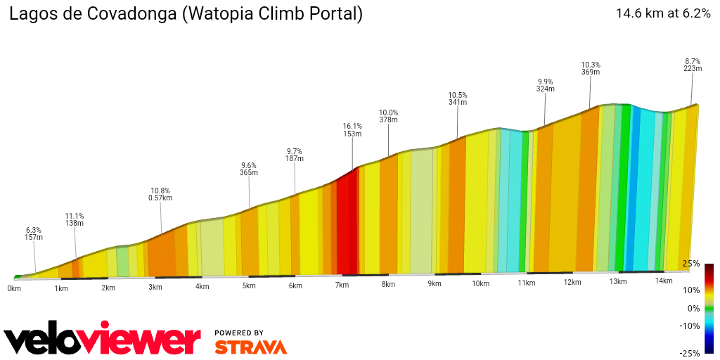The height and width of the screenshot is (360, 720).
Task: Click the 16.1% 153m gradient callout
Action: click(x=352, y=130)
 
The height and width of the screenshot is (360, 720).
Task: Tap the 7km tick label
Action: click(x=342, y=285)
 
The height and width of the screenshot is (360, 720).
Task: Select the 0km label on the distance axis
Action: click(x=14, y=288)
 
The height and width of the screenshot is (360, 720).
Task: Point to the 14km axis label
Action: click(x=664, y=281)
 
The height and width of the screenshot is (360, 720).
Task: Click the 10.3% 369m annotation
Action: click(x=591, y=68)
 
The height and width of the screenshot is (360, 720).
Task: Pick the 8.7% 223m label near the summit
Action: click(x=693, y=65)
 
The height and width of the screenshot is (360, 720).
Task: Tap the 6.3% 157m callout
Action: click(x=33, y=233)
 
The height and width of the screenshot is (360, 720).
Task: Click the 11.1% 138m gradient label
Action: click(x=75, y=219)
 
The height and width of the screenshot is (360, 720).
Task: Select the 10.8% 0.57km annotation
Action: click(x=160, y=194)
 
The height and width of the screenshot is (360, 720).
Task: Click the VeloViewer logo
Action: click(x=103, y=340)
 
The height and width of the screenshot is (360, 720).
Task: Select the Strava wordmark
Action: click(x=250, y=347)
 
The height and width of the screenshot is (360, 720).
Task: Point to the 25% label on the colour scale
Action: click(x=691, y=264)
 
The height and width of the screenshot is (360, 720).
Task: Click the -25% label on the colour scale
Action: click(x=690, y=353)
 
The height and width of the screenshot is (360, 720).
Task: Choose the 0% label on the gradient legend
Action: click(x=693, y=308)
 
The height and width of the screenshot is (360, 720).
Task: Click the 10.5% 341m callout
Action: click(x=458, y=98)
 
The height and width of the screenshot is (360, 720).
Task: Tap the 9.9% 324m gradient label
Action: click(x=545, y=85)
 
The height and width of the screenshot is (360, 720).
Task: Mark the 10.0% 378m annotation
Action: click(x=388, y=116)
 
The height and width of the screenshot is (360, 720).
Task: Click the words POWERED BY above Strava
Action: click(x=239, y=333)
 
